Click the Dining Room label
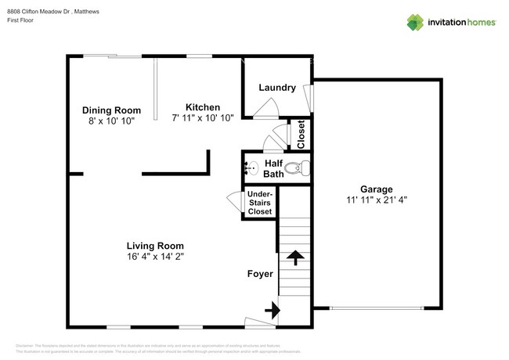coord(112,110)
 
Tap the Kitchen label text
coord(202,107)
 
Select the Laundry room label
coord(276,88)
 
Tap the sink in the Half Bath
coord(251,167)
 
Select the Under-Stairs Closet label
coord(260,202)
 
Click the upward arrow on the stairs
coord(296,256)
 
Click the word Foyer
coord(260,274)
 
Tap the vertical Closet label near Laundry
coord(300,134)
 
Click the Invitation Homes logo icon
coord(416,22)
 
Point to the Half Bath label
coord(273,168)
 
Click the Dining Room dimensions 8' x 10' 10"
coord(112,121)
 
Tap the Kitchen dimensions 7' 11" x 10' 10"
coord(202,118)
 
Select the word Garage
coord(376,189)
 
